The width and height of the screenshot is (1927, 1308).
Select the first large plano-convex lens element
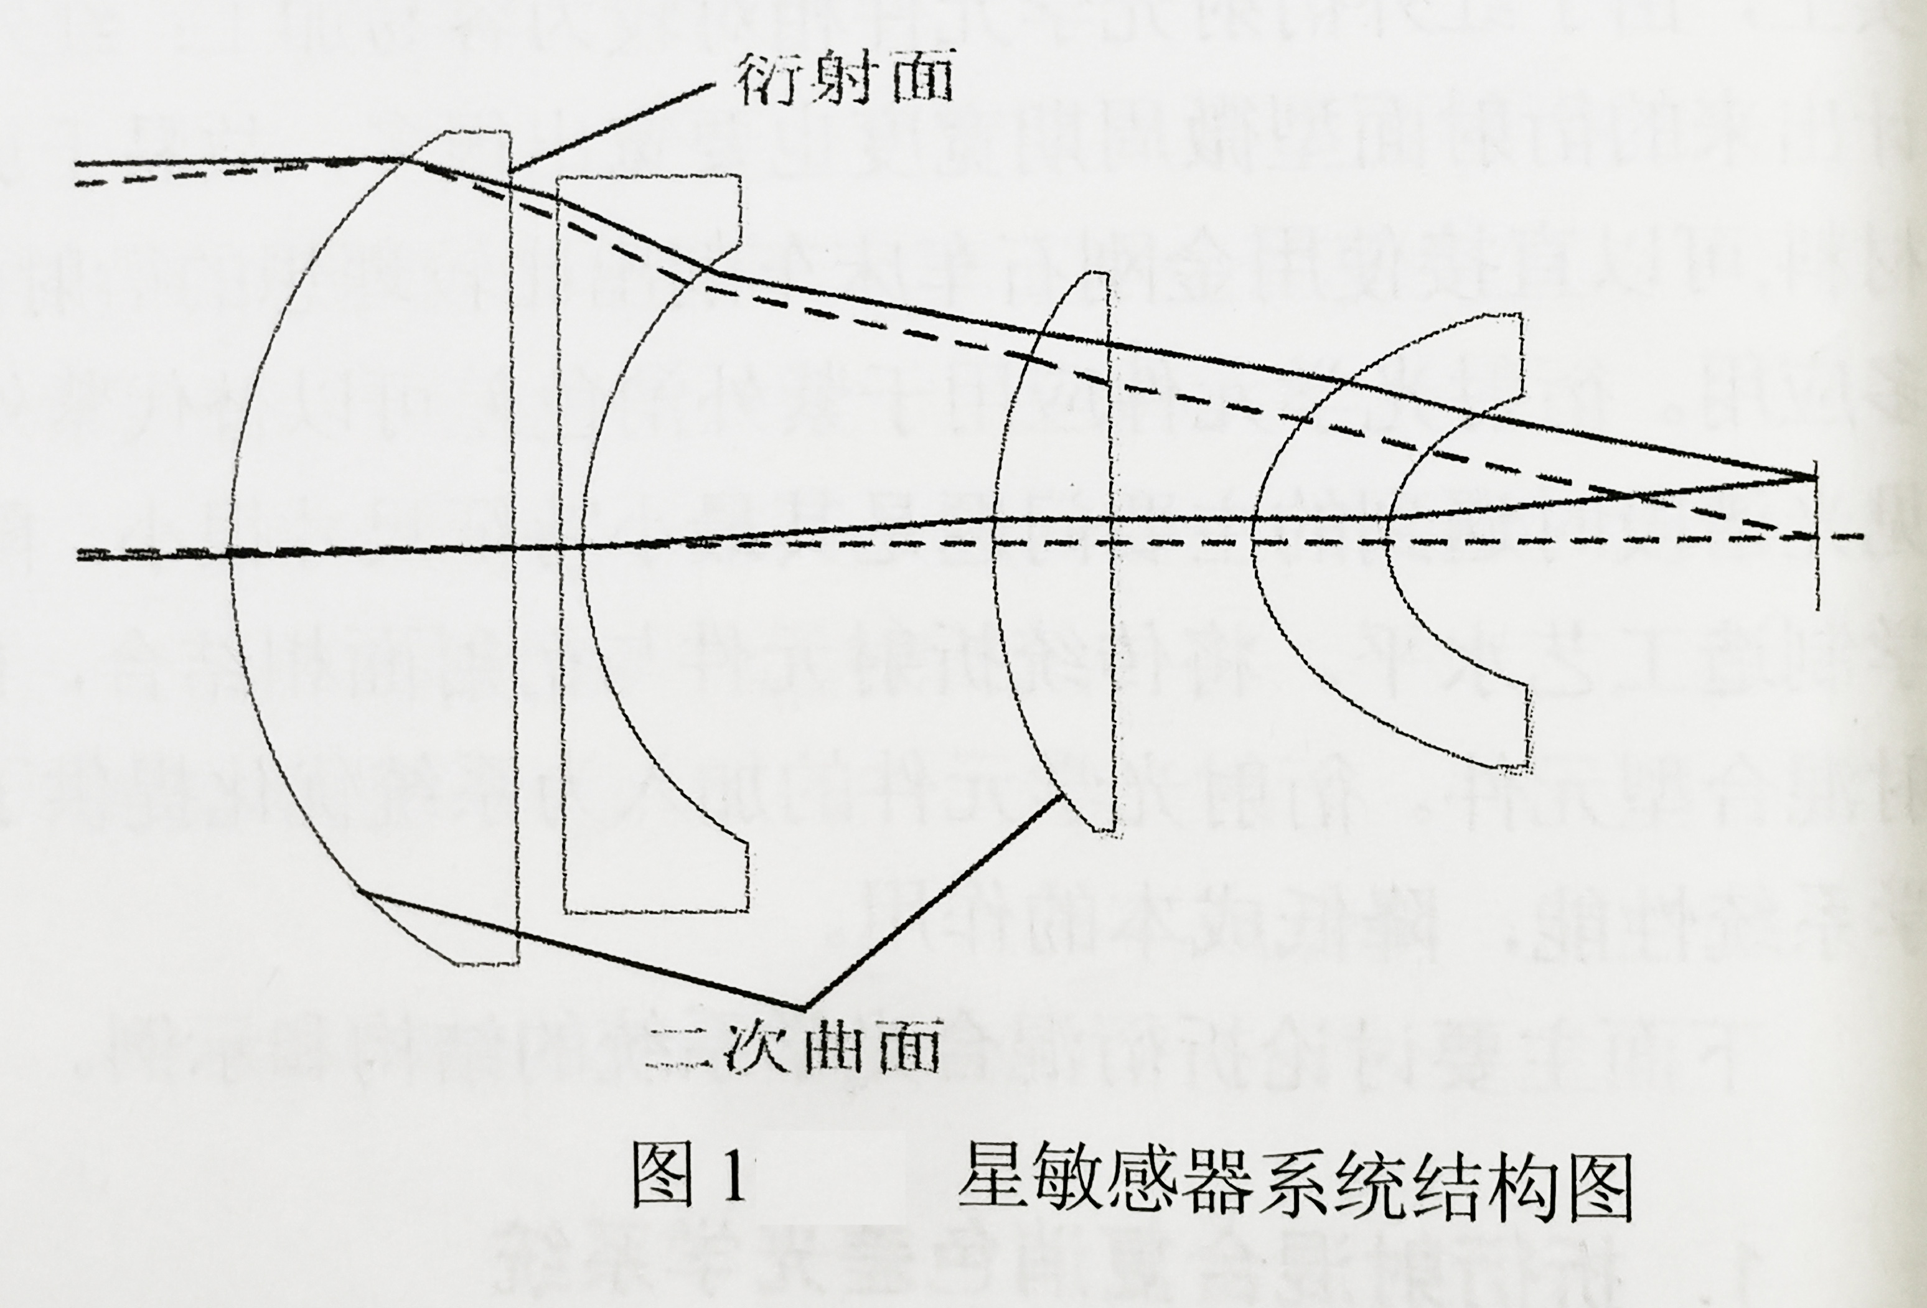pyautogui.click(x=373, y=547)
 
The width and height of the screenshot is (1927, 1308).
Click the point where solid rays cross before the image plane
pyautogui.click(x=1638, y=495)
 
